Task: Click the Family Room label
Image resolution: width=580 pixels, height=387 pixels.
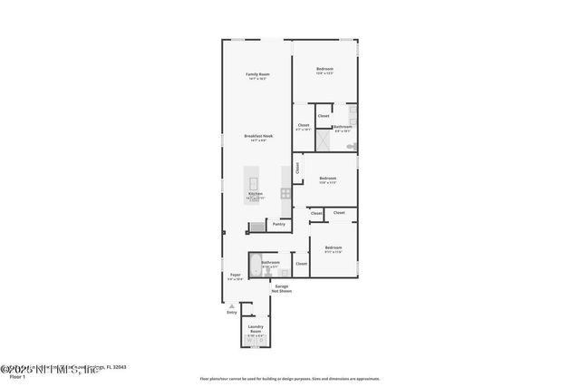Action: [x=257, y=74]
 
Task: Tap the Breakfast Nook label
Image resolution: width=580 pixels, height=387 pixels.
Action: [x=257, y=137]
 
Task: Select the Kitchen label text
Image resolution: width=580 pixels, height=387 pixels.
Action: [x=256, y=194]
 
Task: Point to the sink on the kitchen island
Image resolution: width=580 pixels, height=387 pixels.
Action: [x=255, y=174]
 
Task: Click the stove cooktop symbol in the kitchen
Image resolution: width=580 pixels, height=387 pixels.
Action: [x=285, y=193]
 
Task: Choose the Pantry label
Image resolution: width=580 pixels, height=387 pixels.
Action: [x=279, y=223]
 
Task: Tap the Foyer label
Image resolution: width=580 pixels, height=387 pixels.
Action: [x=235, y=274]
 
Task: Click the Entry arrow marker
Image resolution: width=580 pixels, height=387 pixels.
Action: [x=230, y=308]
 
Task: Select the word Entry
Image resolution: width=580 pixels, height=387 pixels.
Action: [x=232, y=314]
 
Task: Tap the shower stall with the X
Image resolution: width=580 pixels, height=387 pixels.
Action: [x=322, y=137]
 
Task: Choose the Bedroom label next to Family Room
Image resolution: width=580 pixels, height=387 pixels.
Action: [x=324, y=70]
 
